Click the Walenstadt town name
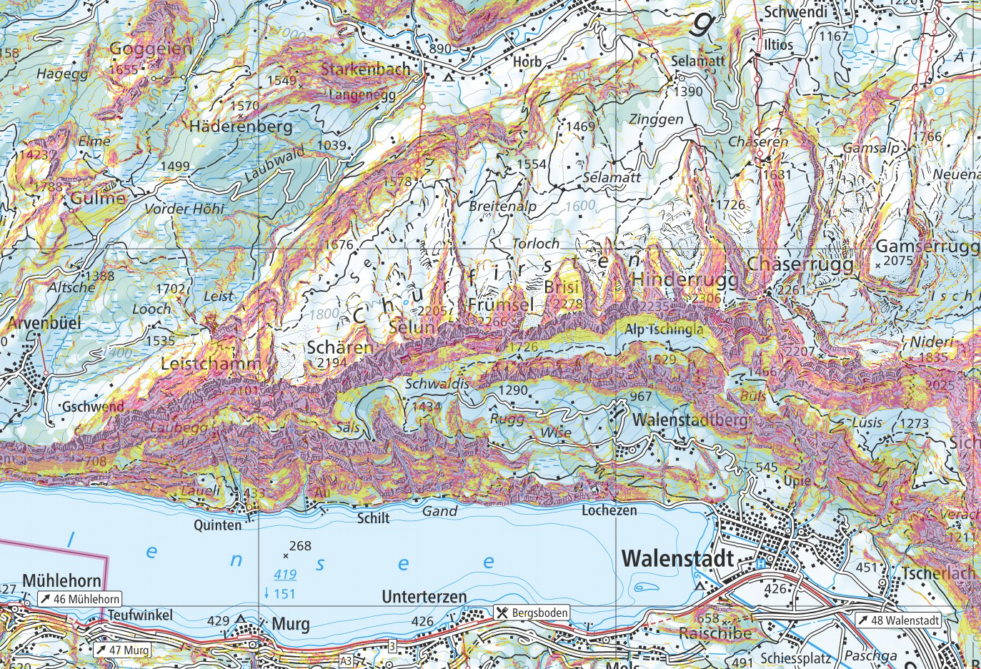click(x=677, y=558)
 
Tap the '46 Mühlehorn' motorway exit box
click(x=80, y=599)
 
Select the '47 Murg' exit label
click(x=122, y=650)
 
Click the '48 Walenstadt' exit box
click(x=898, y=620)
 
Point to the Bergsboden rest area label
click(x=532, y=613)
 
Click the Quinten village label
click(x=218, y=525)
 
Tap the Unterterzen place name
click(x=424, y=597)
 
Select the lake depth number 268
click(x=300, y=546)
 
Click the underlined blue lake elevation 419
click(x=285, y=574)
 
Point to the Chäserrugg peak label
click(x=800, y=264)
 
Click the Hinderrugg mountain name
click(x=684, y=279)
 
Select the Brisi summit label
click(x=562, y=287)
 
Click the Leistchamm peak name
click(x=211, y=364)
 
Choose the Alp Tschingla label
click(x=664, y=329)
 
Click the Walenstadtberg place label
click(x=690, y=420)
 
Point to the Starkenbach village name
click(x=366, y=69)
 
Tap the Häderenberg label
click(x=241, y=127)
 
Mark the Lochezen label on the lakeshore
click(x=609, y=510)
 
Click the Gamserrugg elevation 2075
click(x=898, y=261)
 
